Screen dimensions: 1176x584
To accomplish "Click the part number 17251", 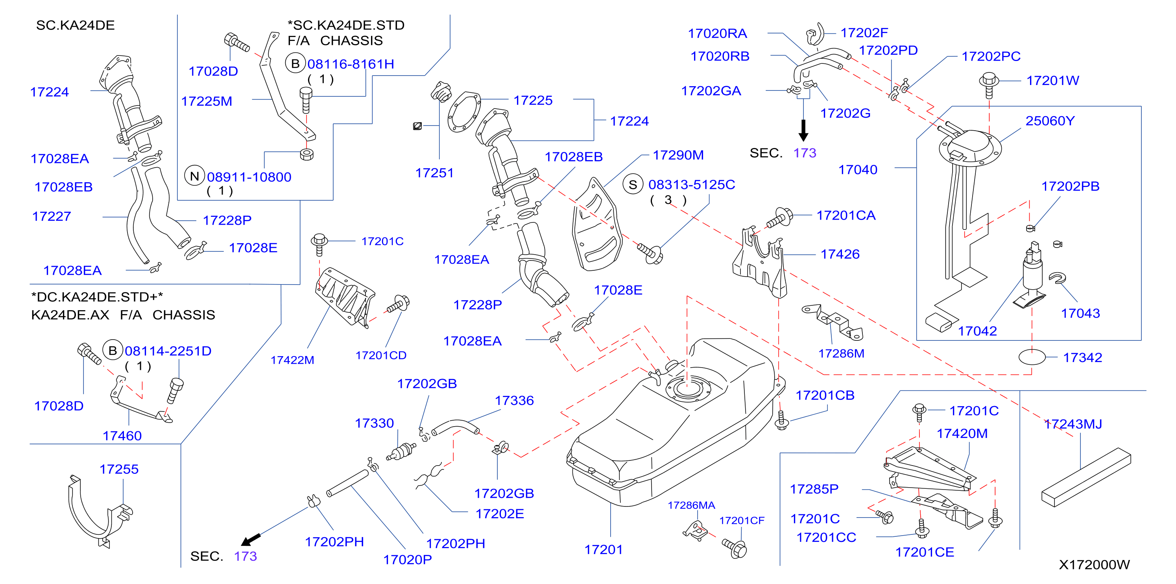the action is [x=434, y=173].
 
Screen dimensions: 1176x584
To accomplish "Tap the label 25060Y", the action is [x=1050, y=121].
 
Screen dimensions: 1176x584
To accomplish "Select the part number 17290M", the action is [x=678, y=155].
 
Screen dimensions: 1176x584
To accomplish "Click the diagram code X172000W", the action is [x=1094, y=565].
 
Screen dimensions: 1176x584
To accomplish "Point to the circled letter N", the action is [x=194, y=176].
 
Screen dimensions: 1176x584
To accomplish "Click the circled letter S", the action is [x=633, y=185].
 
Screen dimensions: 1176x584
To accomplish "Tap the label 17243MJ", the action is [x=1073, y=424].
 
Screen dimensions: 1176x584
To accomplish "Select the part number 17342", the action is [x=1082, y=358].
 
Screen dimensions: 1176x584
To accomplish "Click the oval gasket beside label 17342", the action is [x=1032, y=357].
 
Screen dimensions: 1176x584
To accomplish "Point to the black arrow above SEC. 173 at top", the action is [x=803, y=130].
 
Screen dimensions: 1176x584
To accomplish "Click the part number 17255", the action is [x=119, y=469].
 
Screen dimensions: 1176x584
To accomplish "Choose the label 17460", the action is [x=122, y=436].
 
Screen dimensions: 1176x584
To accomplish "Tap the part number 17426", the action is [x=840, y=254].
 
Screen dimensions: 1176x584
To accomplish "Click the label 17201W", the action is [x=1052, y=81].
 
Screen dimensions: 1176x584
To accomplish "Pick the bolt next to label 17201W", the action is [x=989, y=85].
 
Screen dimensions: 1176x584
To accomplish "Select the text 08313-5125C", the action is [x=692, y=185].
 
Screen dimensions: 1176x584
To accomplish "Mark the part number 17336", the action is [x=514, y=401].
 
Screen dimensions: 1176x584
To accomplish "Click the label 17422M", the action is [x=292, y=360].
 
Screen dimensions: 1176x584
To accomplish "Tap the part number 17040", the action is [x=858, y=170].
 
